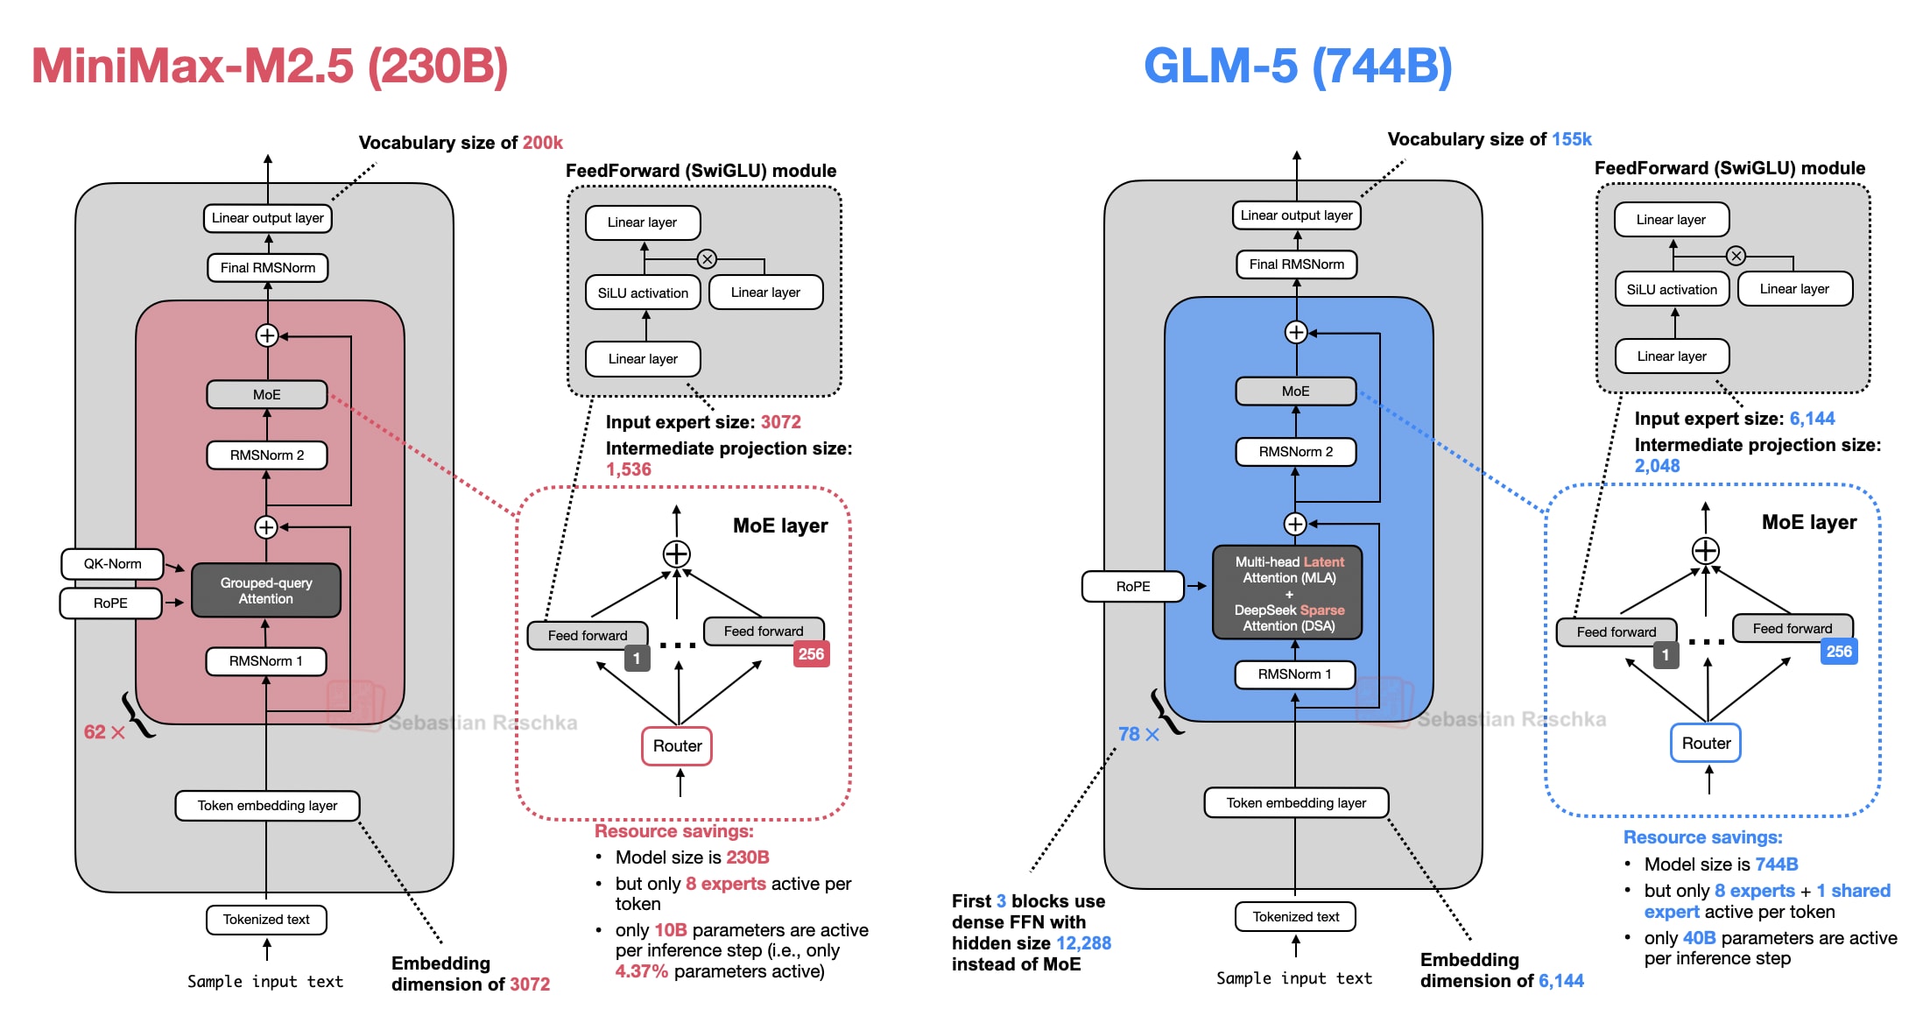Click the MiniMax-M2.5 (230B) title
point(270,66)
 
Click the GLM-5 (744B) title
point(1298,66)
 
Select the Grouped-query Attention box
point(266,590)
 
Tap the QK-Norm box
point(112,564)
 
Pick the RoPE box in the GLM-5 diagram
point(1133,586)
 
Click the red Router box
point(677,746)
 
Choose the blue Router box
point(1706,744)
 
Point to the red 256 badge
point(811,654)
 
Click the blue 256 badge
point(1839,652)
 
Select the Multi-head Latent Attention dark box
point(1288,594)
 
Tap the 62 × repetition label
point(104,732)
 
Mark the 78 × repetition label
point(1138,734)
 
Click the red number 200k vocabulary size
point(543,143)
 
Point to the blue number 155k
point(1572,139)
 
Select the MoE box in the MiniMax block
point(267,394)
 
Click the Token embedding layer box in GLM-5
point(1296,803)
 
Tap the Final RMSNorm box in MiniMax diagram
point(268,268)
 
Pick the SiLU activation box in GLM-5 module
point(1672,290)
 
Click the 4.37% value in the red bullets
point(641,971)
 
